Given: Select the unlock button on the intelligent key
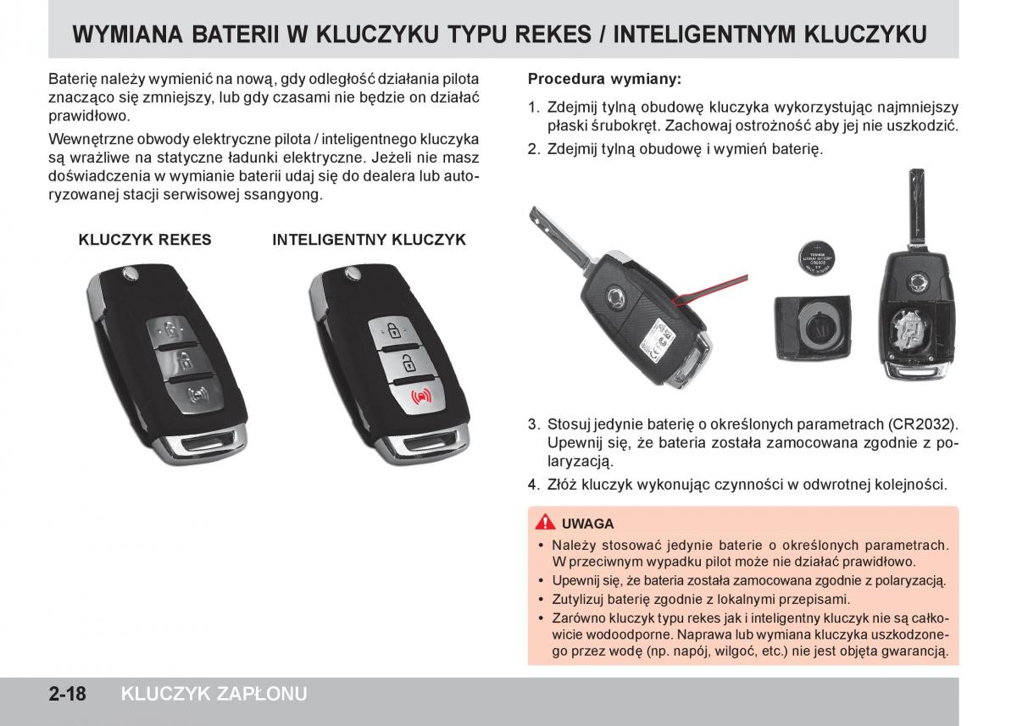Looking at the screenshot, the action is pos(406,363).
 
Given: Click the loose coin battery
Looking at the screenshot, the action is pos(817,259).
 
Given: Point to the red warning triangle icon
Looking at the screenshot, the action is pos(545,523).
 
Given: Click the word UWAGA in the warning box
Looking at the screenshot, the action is pos(587,524).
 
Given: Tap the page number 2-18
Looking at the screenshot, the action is pos(67,694).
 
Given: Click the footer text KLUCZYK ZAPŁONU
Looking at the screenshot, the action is pos(214,694).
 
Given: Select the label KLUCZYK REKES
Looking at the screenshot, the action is pos(145,240).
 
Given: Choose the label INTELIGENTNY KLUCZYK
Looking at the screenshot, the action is pos(370,240).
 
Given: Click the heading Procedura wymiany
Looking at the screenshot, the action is pos(604,80).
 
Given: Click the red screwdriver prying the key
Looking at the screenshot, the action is pos(710,290).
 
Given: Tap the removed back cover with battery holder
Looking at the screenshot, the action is pos(813,327).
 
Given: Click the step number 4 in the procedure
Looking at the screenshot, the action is pos(532,485).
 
